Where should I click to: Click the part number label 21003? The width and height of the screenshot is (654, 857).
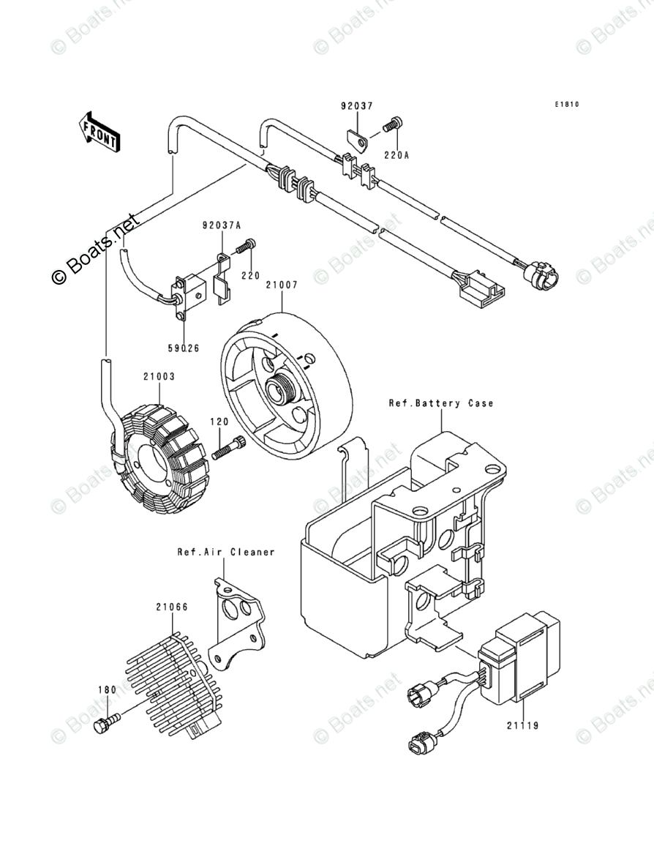[159, 376]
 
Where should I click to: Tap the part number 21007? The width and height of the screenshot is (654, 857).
[281, 285]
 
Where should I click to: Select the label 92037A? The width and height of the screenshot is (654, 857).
[222, 226]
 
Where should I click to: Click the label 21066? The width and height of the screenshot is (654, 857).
[171, 606]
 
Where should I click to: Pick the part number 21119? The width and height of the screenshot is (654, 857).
[522, 726]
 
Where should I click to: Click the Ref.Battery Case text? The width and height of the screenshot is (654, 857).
[440, 403]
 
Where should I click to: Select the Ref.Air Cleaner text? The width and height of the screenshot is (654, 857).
[225, 551]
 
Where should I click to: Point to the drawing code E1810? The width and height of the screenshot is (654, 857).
[565, 105]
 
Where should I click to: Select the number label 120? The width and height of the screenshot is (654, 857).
[219, 422]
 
